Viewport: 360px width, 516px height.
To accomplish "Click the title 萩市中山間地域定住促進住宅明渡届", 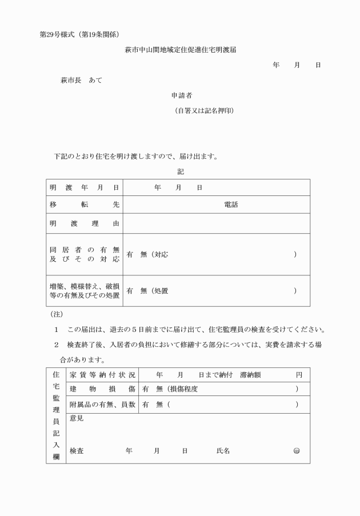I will (x=181, y=50).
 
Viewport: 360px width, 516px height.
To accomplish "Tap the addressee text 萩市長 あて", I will (x=81, y=81).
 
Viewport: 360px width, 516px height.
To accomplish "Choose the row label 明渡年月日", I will (x=84, y=187).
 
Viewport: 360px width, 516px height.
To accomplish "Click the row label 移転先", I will (x=84, y=205).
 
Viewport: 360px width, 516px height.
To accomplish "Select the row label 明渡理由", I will (x=84, y=223).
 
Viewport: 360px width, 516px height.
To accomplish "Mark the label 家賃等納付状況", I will (x=102, y=375).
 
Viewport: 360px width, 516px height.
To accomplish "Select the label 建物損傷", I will (x=102, y=389).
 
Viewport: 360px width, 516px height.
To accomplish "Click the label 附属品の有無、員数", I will (x=102, y=404).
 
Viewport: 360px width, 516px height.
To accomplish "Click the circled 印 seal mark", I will (x=296, y=451).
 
